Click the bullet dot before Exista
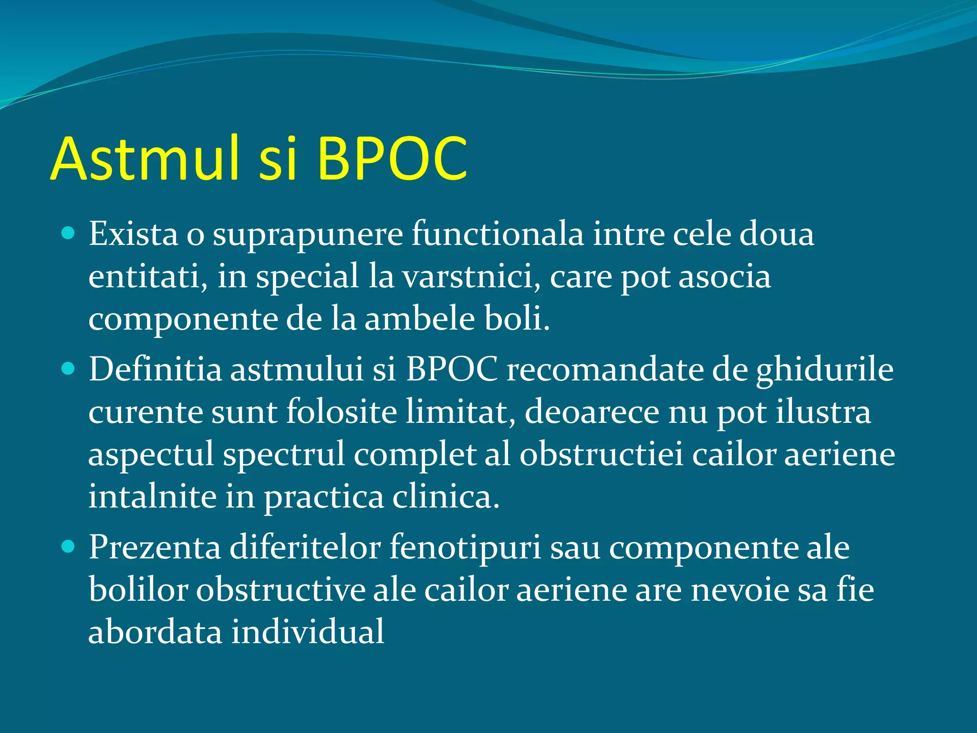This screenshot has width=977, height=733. pos(69,233)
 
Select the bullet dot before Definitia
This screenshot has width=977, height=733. pos(69,369)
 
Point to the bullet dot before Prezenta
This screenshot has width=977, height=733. pos(69,546)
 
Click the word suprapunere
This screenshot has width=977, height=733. pos(308,235)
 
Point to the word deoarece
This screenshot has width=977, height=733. pos(592,412)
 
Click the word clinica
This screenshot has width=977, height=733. pos(446,497)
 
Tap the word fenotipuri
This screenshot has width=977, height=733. pos(465,548)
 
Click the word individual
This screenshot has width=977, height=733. pos(308,632)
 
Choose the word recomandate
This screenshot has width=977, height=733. pos(605,370)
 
